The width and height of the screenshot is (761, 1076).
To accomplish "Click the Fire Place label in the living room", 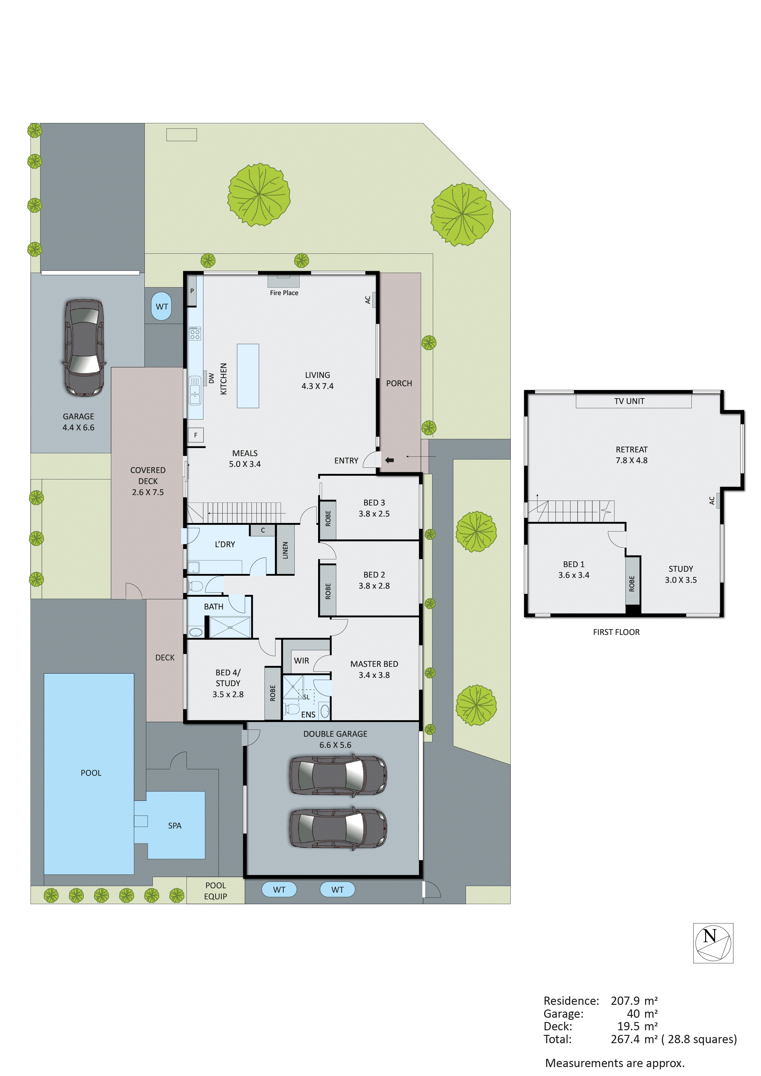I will click(284, 293).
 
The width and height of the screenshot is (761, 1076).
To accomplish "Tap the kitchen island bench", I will click(248, 376).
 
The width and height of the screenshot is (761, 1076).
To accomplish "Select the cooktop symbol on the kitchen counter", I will click(195, 334).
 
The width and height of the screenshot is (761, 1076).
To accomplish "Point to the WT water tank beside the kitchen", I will click(162, 306).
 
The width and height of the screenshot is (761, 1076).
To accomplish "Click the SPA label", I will click(175, 825).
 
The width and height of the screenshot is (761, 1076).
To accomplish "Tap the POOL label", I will click(91, 773).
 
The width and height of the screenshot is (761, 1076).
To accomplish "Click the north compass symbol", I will click(713, 943).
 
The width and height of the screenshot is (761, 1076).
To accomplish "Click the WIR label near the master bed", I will click(301, 660).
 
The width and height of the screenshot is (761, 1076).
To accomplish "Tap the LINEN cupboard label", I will click(285, 550).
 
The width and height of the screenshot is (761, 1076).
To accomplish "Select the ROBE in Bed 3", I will click(328, 519).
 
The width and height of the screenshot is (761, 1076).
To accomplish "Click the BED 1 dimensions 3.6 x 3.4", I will click(574, 575).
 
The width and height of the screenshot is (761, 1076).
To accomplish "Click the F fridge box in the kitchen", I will click(195, 435).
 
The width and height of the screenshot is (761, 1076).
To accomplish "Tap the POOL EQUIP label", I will click(216, 890).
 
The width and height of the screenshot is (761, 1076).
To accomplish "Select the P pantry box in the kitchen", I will click(192, 291).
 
